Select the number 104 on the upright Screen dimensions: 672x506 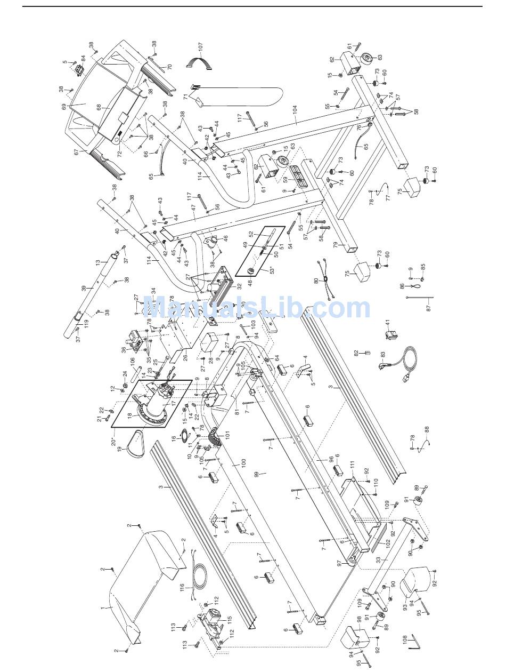(x=295, y=111)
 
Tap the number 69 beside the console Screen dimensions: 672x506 (x=64, y=107)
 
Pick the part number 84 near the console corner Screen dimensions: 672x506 (x=83, y=58)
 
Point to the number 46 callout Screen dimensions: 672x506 (x=225, y=239)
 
